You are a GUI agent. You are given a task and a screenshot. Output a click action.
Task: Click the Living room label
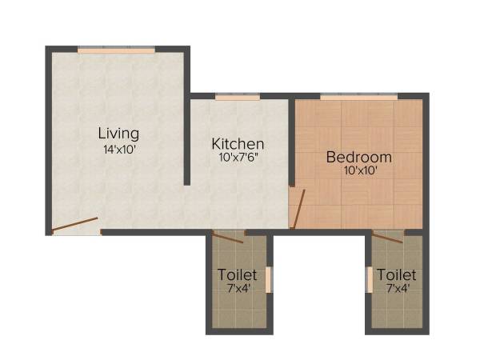point(118,133)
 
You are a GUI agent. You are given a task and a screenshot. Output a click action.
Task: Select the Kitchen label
point(238,143)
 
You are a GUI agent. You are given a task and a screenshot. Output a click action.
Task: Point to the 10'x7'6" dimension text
point(238,158)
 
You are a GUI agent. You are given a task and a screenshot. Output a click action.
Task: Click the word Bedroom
point(358,157)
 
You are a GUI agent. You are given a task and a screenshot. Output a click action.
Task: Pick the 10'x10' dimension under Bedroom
point(358,170)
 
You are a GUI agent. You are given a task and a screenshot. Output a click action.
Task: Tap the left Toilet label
point(238,275)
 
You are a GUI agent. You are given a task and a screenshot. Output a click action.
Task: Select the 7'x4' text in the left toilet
point(238,289)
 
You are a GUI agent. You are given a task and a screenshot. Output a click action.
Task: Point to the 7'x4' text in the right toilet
point(397,289)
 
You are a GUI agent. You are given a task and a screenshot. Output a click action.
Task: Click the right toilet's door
point(387,236)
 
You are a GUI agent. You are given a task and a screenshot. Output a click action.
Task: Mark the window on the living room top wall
point(116,50)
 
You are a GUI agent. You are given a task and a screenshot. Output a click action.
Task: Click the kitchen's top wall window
point(238,97)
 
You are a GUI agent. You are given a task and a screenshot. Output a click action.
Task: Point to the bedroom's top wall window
point(358,97)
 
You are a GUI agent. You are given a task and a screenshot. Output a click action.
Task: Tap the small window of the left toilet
point(269,280)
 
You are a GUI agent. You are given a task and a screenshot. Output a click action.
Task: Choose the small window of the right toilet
point(369,280)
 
